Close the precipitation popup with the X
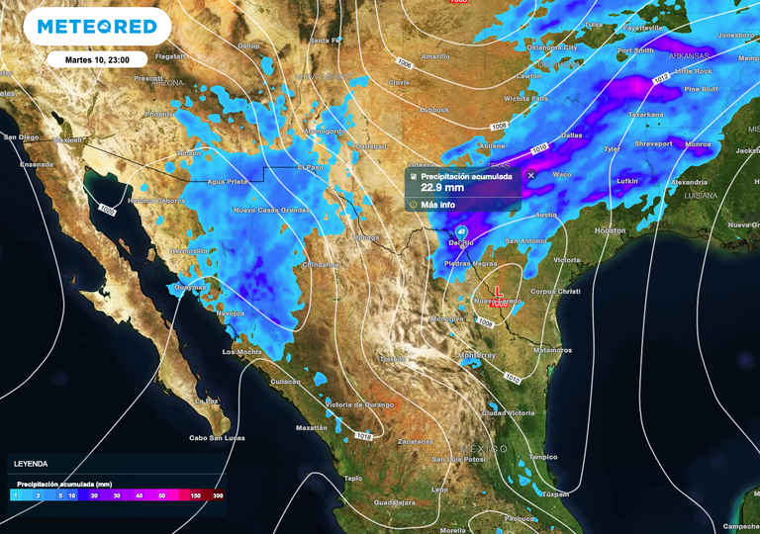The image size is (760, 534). (x=530, y=175)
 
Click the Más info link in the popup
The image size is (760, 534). (x=437, y=205)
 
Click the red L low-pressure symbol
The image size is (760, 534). (x=499, y=294)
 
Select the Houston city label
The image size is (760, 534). (x=610, y=230)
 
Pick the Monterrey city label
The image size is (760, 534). (x=477, y=355)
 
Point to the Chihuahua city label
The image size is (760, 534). (x=321, y=265)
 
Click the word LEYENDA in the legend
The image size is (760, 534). (x=30, y=463)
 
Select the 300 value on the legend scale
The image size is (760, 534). (x=217, y=494)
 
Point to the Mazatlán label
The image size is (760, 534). (x=311, y=427)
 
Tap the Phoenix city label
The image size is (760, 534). (x=159, y=114)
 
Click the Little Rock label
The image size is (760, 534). (x=692, y=71)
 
